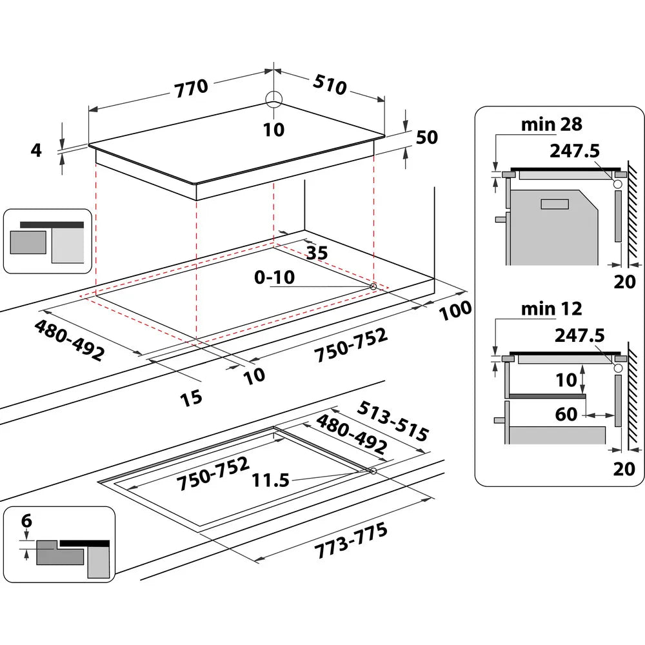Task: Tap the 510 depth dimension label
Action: (x=330, y=84)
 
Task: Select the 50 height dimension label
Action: (x=427, y=137)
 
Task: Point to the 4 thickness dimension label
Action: (x=36, y=150)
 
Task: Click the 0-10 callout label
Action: (x=274, y=278)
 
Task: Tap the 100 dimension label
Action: (x=455, y=310)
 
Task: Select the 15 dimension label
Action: (x=191, y=396)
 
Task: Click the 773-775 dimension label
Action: (x=352, y=541)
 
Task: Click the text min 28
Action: (x=551, y=124)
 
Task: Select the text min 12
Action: (x=551, y=308)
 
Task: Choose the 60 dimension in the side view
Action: (x=566, y=413)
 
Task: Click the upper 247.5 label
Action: (x=575, y=151)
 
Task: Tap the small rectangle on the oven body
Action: (x=555, y=204)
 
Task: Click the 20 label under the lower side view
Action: (x=624, y=469)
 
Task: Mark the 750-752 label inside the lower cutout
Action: (x=213, y=471)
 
